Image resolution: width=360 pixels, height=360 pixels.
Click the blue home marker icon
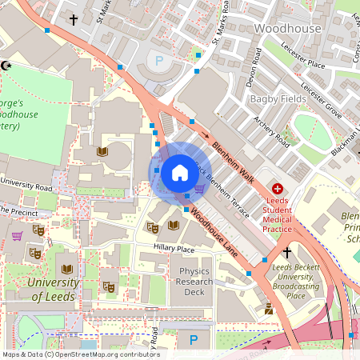(180, 172)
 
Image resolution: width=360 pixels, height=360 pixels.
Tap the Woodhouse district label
(287, 28)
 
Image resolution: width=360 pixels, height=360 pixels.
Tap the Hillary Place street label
(174, 249)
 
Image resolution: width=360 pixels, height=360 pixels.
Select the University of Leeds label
(53, 290)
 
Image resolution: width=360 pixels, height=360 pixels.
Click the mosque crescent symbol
(6, 65)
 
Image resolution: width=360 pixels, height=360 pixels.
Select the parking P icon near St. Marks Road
(158, 60)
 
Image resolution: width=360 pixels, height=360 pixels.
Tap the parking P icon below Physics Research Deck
(192, 340)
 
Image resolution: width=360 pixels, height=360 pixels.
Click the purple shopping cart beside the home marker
(198, 189)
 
